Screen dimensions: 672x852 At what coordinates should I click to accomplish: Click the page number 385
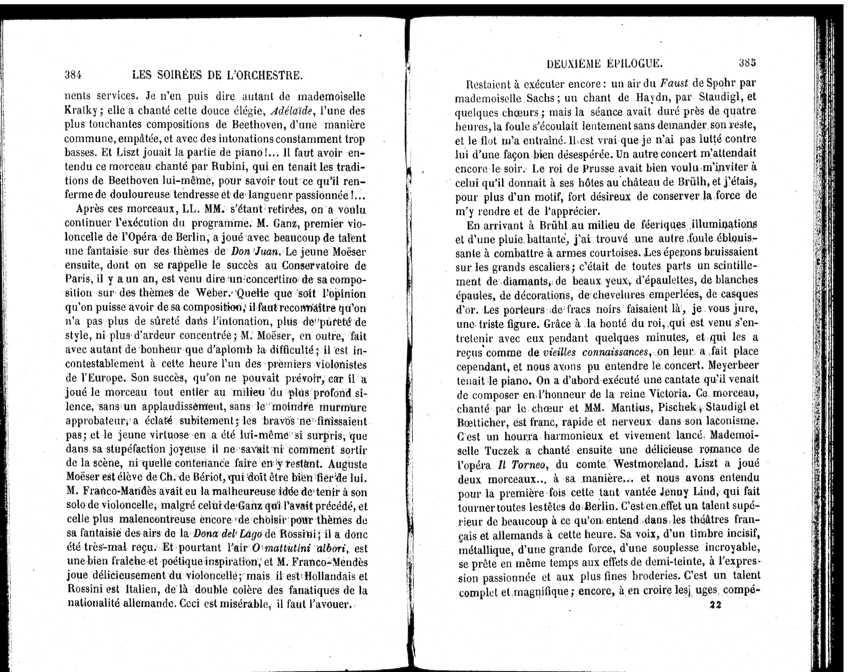point(748,62)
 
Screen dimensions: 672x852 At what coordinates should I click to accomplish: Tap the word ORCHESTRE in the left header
point(271,75)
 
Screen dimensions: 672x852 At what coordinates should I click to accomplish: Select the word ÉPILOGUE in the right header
point(634,64)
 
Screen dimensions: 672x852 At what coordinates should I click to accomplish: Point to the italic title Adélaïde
point(290,111)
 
